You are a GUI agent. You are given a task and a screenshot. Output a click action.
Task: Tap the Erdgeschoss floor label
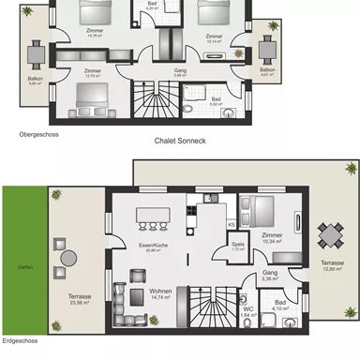pos(21,354)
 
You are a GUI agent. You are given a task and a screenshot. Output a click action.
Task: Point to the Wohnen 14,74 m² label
pos(160,293)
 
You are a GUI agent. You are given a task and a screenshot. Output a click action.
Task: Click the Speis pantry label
pos(238,247)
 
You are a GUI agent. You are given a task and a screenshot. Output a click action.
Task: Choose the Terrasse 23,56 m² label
pos(81,299)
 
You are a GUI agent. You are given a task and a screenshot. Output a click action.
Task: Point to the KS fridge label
pos(231,225)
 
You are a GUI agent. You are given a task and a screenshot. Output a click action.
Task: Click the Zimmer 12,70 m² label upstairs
pos(93,72)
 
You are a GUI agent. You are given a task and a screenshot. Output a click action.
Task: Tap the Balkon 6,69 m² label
pos(37,81)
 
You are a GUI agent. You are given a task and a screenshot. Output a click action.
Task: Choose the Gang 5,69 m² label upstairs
pos(180,72)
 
